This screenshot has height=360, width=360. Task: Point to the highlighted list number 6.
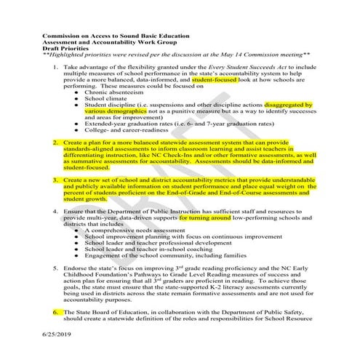pos(56,311)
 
